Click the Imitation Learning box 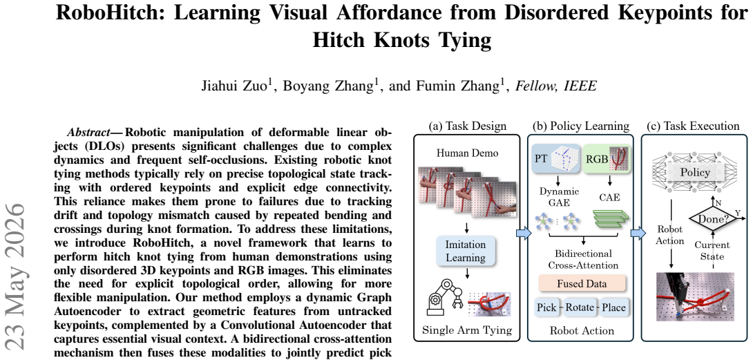pos(466,251)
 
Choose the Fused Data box pos(582,283)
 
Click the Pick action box pos(548,307)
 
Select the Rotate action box pos(580,307)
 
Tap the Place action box pos(612,307)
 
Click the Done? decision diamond pos(709,218)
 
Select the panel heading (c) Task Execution pos(693,126)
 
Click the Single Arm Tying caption pos(466,330)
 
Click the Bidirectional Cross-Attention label pos(583,259)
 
